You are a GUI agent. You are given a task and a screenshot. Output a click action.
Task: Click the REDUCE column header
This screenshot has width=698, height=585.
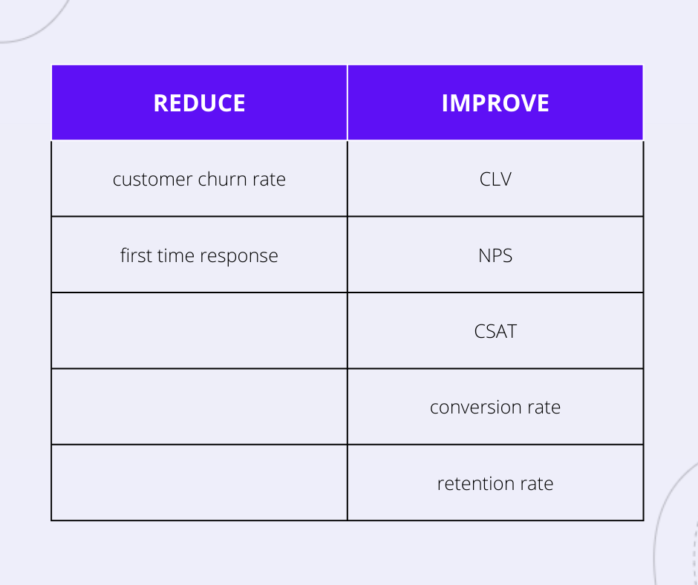pos(199,103)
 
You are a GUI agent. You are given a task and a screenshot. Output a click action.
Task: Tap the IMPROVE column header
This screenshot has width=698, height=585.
pos(495,103)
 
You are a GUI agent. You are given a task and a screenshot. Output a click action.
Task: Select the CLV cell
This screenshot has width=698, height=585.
pos(495,179)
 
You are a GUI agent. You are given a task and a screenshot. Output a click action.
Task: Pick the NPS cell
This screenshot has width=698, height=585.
pos(495,255)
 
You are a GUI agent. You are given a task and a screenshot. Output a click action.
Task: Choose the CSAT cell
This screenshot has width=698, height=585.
pos(495,331)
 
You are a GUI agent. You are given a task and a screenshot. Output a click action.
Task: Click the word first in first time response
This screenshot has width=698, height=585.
pos(136,255)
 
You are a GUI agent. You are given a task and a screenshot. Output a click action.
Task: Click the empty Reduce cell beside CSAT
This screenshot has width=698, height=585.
pos(199,331)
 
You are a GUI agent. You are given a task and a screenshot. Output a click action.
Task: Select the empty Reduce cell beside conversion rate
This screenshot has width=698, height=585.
pos(199,407)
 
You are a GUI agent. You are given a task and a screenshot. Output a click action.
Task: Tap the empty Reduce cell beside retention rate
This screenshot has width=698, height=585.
pos(199,483)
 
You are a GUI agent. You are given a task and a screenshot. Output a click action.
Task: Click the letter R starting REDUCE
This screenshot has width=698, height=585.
pos(161,103)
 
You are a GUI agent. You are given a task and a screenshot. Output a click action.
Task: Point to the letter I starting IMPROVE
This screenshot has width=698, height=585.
pos(445,103)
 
